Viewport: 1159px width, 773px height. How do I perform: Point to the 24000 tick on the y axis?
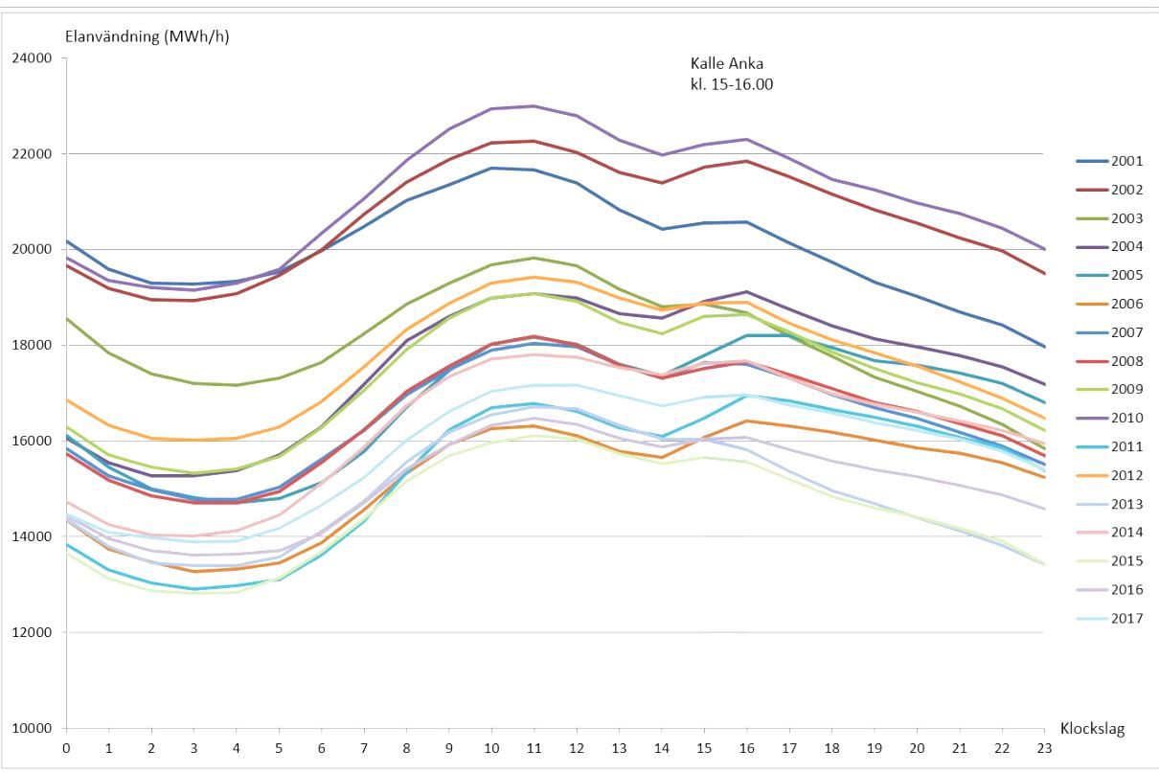pos(32,58)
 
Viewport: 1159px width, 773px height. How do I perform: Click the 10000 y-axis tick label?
pos(32,728)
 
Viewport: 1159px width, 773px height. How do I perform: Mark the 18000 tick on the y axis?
pos(32,346)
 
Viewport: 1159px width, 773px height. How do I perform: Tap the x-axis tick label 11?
pos(534,747)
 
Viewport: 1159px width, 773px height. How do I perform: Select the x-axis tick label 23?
pos(1044,747)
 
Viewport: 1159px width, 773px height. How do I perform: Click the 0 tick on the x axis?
pos(66,747)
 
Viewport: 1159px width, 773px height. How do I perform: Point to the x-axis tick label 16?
pos(746,747)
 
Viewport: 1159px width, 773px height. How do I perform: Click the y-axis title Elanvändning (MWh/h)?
pos(147,37)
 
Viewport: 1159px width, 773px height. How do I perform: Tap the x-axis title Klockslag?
pos(1092,729)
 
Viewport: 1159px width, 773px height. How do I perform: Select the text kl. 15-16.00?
pos(731,84)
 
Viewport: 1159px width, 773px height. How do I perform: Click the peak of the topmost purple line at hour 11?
pos(534,106)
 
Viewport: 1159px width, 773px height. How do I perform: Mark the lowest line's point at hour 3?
pos(193,593)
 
